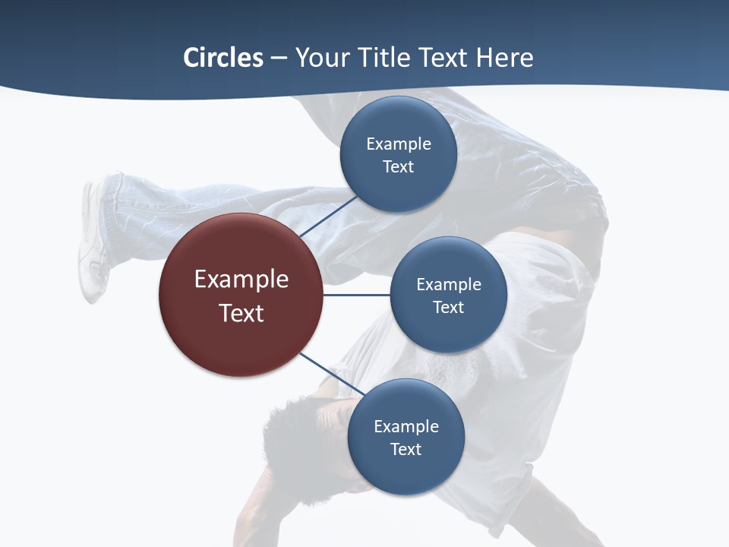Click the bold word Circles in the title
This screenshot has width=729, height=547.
pos(222,58)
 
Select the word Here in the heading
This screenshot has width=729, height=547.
pos(504,58)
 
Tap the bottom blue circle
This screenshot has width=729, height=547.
pos(406,471)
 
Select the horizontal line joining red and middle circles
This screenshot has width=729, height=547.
pos(356,295)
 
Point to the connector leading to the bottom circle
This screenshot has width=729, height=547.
pos(331,375)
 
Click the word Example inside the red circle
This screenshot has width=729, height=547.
pos(241,279)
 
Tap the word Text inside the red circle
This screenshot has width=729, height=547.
pos(241,313)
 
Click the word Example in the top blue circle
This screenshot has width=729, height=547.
pos(399,144)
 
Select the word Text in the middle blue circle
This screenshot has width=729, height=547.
pos(448,307)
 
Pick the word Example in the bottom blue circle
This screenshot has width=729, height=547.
pos(406,426)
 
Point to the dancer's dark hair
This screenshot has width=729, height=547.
pos(289,433)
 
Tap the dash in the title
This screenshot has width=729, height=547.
pos(278,58)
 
